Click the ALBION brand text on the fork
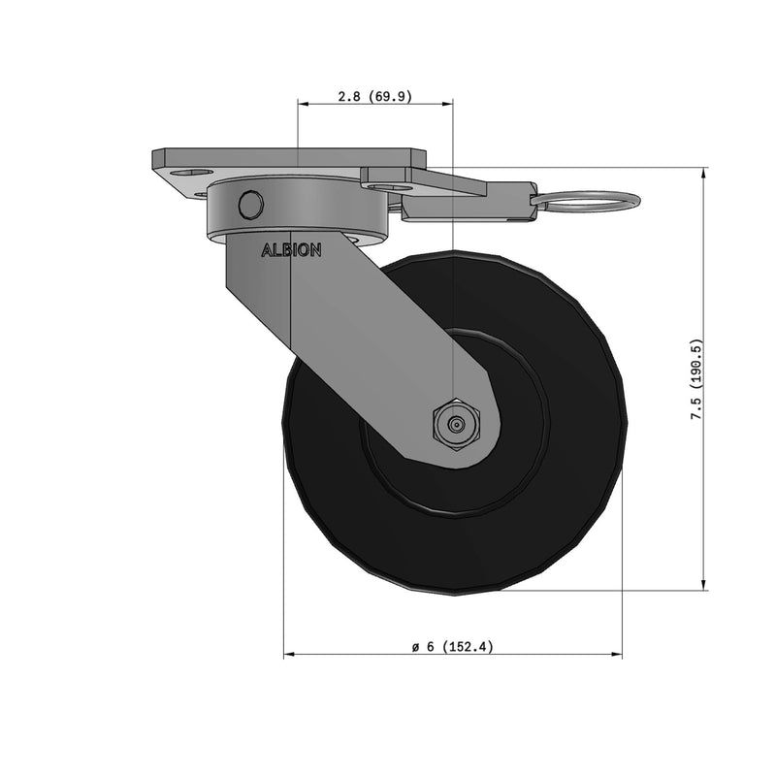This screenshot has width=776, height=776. [291, 249]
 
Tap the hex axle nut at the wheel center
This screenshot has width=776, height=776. [454, 423]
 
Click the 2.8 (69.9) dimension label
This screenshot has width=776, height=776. [374, 96]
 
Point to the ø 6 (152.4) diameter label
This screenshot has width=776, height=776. [452, 647]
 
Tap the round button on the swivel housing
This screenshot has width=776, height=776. [250, 205]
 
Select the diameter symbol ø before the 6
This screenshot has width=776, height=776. [415, 647]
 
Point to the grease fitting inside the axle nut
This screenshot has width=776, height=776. [454, 423]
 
